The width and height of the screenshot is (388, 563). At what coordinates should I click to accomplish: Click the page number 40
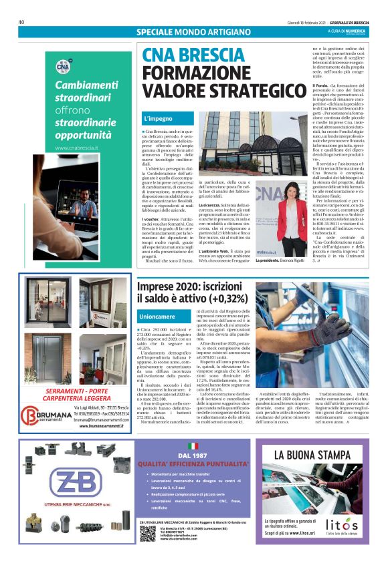(x=21, y=22)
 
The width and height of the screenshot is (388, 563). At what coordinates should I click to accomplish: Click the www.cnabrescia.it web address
(x=77, y=148)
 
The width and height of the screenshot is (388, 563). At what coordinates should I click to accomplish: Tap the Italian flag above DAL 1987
(x=193, y=445)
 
